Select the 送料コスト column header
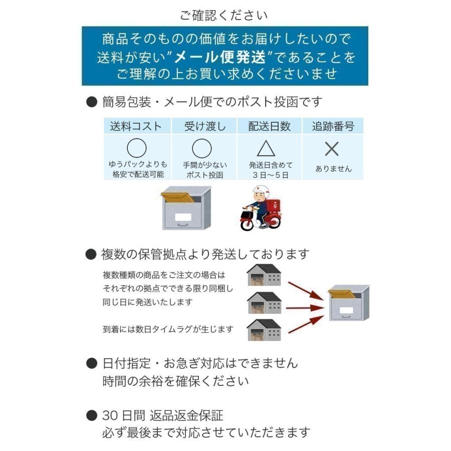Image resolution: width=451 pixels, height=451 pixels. (x=136, y=126)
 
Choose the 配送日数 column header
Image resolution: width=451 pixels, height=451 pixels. (x=270, y=126)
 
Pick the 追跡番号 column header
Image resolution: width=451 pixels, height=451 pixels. (x=333, y=126)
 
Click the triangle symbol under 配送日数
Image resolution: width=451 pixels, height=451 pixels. (x=266, y=148)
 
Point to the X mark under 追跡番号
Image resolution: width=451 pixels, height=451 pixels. (x=332, y=149)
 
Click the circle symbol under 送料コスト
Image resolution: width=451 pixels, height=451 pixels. (x=137, y=148)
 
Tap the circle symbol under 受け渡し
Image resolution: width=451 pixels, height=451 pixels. (x=202, y=148)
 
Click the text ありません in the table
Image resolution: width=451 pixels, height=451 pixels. (x=333, y=169)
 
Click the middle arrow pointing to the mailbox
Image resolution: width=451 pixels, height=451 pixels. (x=304, y=307)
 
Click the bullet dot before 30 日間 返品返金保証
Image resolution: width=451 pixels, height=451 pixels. (x=91, y=415)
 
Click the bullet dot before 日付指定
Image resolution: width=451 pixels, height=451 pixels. (x=91, y=362)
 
